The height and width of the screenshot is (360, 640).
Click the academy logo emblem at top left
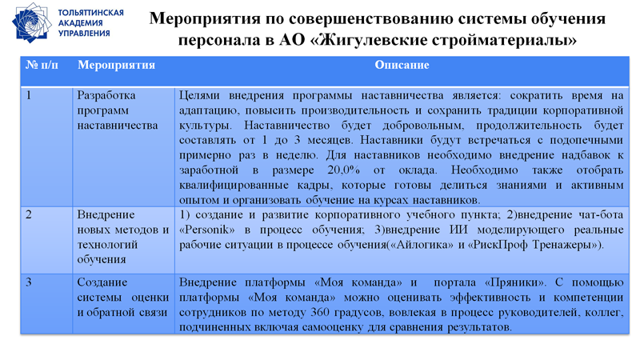point(31,22)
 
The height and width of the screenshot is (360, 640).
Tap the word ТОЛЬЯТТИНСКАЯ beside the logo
point(91,14)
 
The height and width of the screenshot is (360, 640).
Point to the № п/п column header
point(42,65)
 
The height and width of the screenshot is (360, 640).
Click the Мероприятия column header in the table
point(116,65)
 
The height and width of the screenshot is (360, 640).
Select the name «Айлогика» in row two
point(421,245)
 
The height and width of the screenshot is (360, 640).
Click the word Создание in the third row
point(102,282)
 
